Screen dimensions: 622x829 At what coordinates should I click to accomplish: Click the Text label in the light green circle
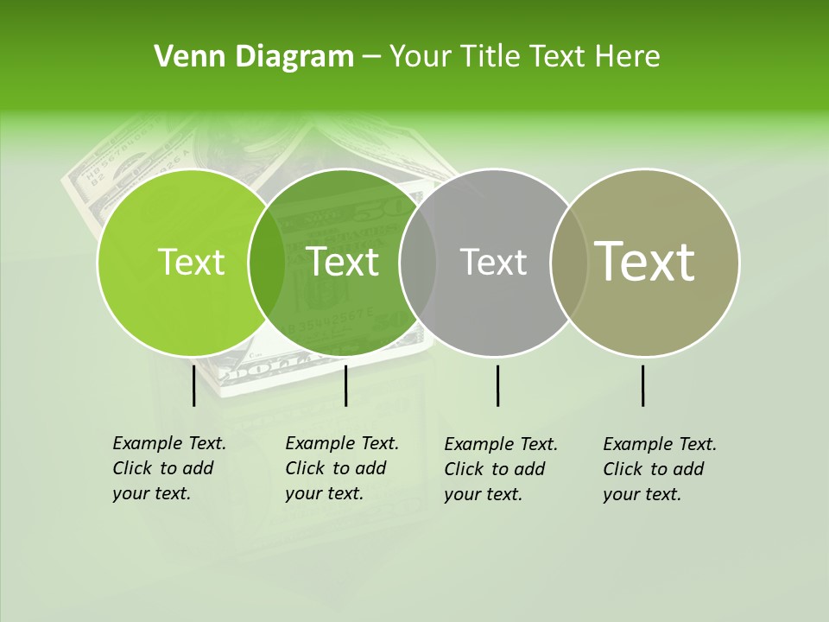pyautogui.click(x=191, y=262)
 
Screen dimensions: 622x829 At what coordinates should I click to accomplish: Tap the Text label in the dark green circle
pyautogui.click(x=343, y=262)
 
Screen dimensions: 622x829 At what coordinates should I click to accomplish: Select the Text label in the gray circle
pyautogui.click(x=494, y=262)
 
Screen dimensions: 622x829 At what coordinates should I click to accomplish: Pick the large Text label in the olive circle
pyautogui.click(x=645, y=262)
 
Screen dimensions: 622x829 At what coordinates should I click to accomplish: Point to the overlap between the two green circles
pyautogui.click(x=267, y=263)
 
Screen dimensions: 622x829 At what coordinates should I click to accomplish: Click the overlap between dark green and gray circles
pyautogui.click(x=418, y=263)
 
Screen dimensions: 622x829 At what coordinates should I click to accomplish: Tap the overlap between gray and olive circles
pyautogui.click(x=569, y=263)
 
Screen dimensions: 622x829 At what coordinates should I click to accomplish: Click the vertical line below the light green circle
pyautogui.click(x=193, y=385)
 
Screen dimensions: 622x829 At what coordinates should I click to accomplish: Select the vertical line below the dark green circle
pyautogui.click(x=345, y=385)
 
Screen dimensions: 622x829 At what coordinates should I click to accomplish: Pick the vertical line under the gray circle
pyautogui.click(x=497, y=385)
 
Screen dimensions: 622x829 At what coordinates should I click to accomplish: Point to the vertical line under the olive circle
pyautogui.click(x=642, y=385)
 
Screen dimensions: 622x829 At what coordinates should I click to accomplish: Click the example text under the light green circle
pyautogui.click(x=169, y=468)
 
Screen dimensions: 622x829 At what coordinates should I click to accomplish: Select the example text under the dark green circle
pyautogui.click(x=342, y=468)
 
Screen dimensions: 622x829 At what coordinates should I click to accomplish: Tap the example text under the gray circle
pyautogui.click(x=501, y=469)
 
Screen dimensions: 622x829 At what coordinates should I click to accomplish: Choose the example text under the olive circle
pyautogui.click(x=660, y=469)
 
